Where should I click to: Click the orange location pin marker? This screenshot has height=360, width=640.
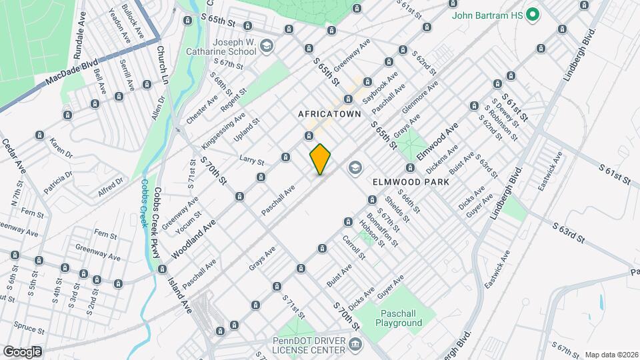tap(321, 159)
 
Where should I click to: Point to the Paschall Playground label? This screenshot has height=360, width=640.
tap(401, 318)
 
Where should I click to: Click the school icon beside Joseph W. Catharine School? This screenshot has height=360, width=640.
tap(267, 45)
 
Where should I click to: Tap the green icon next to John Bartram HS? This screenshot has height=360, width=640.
tap(533, 14)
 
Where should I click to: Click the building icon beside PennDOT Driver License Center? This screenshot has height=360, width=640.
tap(355, 345)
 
